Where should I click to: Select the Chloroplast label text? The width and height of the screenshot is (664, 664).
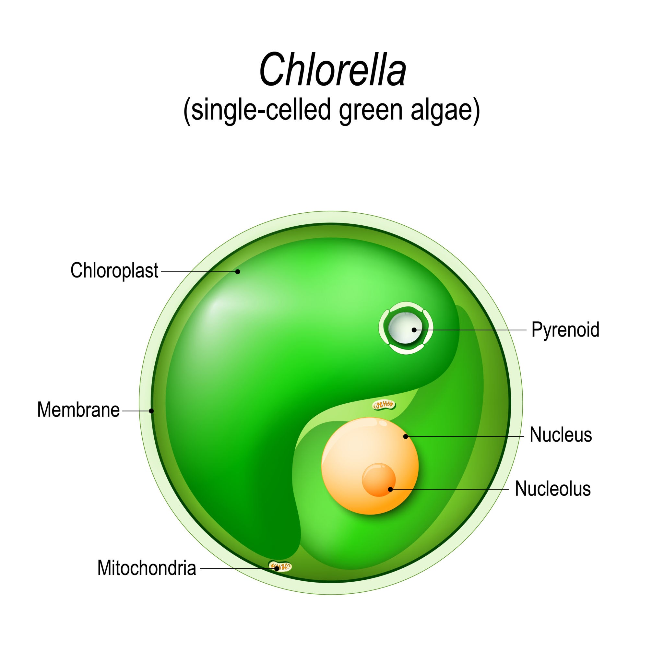pyautogui.click(x=114, y=270)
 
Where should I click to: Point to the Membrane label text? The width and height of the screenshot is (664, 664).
pyautogui.click(x=78, y=410)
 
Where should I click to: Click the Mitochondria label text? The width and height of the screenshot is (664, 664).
pyautogui.click(x=147, y=568)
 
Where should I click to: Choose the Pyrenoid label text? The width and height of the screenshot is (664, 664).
pyautogui.click(x=565, y=329)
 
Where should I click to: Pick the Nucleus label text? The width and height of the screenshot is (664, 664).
pyautogui.click(x=561, y=434)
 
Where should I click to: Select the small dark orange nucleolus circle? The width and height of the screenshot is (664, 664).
pyautogui.click(x=378, y=480)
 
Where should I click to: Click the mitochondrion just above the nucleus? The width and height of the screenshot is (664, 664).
pyautogui.click(x=384, y=406)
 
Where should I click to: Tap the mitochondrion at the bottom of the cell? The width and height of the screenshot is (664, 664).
pyautogui.click(x=279, y=566)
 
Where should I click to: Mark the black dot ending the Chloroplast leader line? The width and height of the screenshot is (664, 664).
pyautogui.click(x=237, y=271)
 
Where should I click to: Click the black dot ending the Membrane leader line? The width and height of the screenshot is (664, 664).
pyautogui.click(x=151, y=411)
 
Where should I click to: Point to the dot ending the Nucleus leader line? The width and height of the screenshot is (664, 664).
pyautogui.click(x=406, y=436)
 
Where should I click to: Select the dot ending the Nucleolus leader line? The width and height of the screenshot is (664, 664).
pyautogui.click(x=390, y=489)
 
